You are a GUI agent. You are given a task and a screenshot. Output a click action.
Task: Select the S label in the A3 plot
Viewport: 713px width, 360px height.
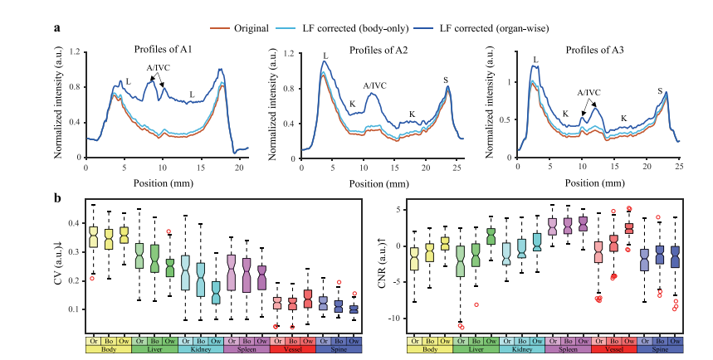click(660, 90)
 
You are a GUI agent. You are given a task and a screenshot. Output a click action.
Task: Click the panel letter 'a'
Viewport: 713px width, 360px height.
click(57, 27)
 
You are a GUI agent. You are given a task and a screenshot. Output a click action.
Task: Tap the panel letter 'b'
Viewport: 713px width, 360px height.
click(57, 199)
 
